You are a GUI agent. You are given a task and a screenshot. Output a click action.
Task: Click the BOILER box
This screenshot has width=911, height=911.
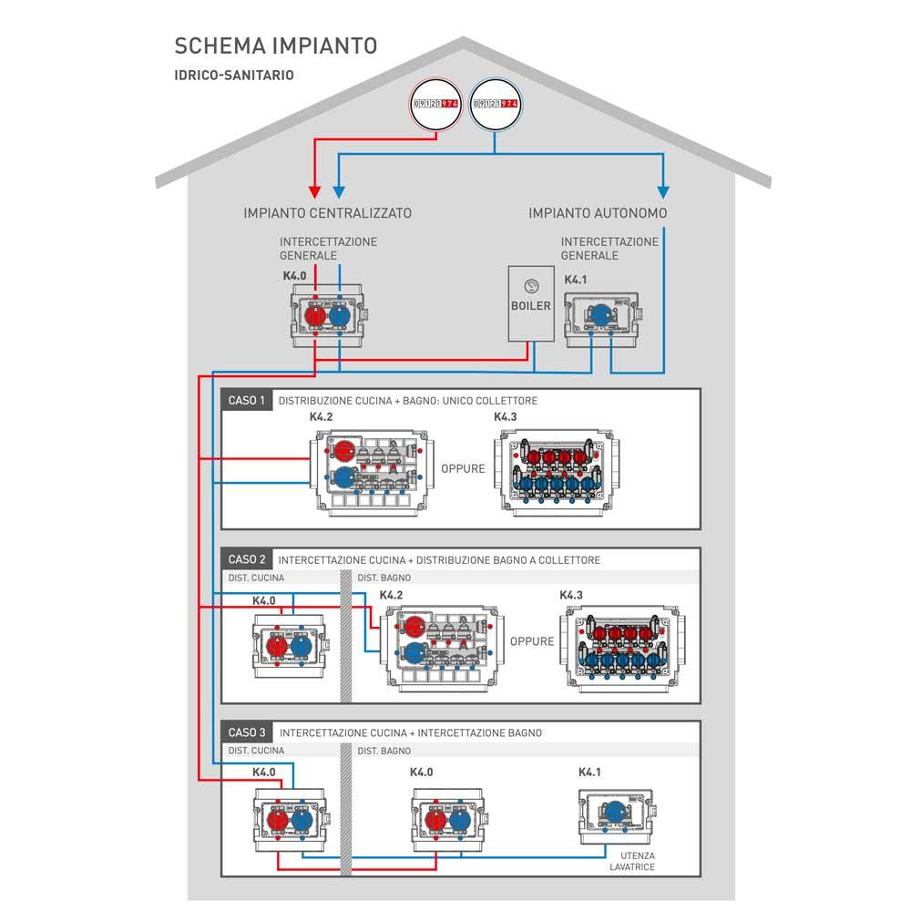(x=530, y=304)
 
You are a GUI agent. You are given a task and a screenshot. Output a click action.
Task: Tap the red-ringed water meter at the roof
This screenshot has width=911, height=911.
(x=435, y=106)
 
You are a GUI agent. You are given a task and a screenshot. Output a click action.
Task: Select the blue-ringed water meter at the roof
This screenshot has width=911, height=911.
(x=496, y=106)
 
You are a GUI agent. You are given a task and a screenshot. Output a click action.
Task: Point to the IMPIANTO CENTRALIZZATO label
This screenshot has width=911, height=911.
(x=328, y=213)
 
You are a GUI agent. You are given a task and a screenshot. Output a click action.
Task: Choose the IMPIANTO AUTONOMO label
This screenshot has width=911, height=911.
(x=598, y=213)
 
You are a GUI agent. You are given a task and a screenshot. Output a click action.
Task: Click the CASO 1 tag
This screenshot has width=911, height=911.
(x=247, y=400)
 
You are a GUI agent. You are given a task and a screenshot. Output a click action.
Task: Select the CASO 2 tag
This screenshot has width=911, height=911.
(x=247, y=559)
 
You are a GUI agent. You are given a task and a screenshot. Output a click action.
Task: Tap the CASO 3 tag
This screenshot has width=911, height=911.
(x=247, y=732)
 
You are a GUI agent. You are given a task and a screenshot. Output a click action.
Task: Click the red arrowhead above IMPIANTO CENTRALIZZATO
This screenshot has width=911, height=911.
(x=315, y=192)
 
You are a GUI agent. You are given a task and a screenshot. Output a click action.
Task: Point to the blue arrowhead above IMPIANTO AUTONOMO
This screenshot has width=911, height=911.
(x=663, y=192)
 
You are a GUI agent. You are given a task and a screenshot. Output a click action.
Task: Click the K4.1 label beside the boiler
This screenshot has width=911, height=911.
(x=577, y=281)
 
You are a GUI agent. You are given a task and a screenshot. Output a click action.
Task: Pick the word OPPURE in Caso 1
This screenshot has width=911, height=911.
(x=463, y=469)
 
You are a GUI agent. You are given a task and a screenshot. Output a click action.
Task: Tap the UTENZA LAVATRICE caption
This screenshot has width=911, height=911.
(x=633, y=861)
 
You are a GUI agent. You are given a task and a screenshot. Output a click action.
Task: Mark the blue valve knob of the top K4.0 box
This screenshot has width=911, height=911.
(x=338, y=315)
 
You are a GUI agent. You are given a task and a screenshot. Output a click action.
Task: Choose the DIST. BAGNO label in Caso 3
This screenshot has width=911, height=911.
(x=384, y=752)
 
